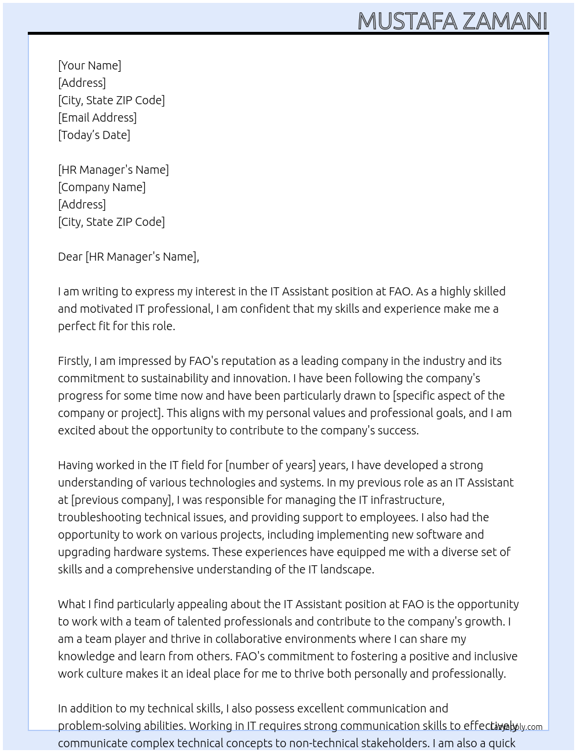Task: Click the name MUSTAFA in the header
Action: click(x=408, y=21)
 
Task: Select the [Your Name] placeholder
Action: click(x=89, y=65)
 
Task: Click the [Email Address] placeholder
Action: click(x=97, y=118)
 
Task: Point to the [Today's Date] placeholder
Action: click(x=94, y=135)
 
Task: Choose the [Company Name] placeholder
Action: click(x=102, y=187)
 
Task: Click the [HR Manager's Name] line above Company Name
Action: click(x=114, y=170)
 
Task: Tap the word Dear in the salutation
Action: click(x=70, y=257)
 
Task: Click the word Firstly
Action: click(x=74, y=361)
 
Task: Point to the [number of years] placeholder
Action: click(x=271, y=465)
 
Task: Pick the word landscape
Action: click(x=347, y=569)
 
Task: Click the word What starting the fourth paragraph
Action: click(x=72, y=604)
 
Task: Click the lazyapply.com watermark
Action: click(x=517, y=727)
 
